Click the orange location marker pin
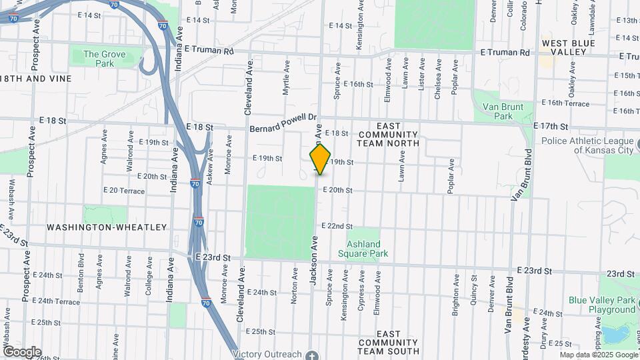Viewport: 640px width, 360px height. [320, 159]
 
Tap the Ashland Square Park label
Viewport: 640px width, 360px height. [363, 248]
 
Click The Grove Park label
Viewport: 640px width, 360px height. [99, 59]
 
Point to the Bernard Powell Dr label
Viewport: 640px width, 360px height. [282, 124]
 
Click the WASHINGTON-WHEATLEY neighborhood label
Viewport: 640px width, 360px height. [107, 227]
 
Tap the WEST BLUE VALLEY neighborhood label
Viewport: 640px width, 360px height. [568, 49]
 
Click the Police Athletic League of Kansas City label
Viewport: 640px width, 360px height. [587, 145]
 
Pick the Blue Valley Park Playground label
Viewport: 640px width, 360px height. [602, 305]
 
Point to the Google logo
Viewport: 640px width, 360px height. [22, 352]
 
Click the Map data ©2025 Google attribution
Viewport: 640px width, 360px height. [598, 355]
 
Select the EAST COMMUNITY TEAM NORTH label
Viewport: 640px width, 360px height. [388, 134]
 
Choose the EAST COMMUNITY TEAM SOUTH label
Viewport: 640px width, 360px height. [388, 342]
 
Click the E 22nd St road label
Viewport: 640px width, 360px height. [337, 227]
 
